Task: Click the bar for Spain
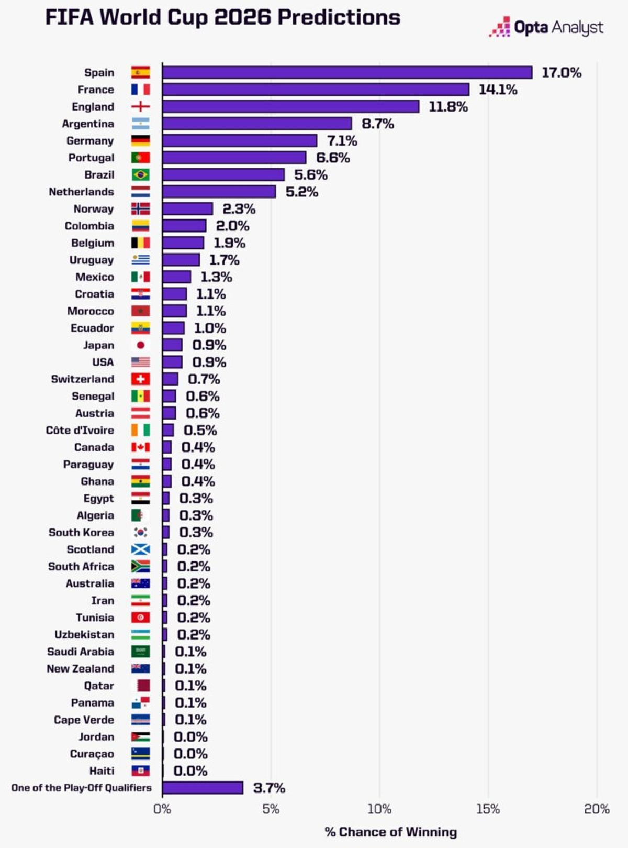[346, 72]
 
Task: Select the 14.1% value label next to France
[498, 90]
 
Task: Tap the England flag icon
[140, 107]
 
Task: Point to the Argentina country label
[88, 124]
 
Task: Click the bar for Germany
[239, 140]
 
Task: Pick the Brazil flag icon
[140, 175]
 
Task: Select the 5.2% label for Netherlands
[301, 192]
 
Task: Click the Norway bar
[187, 209]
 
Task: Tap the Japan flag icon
[140, 345]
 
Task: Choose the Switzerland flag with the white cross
[140, 379]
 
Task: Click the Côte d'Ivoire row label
[80, 430]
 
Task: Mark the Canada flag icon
[140, 447]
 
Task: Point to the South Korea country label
[81, 532]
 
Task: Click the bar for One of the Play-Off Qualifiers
[203, 788]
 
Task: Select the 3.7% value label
[269, 788]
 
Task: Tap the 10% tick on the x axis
[379, 809]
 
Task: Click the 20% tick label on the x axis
[597, 809]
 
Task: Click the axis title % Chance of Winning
[390, 832]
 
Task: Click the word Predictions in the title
[339, 17]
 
